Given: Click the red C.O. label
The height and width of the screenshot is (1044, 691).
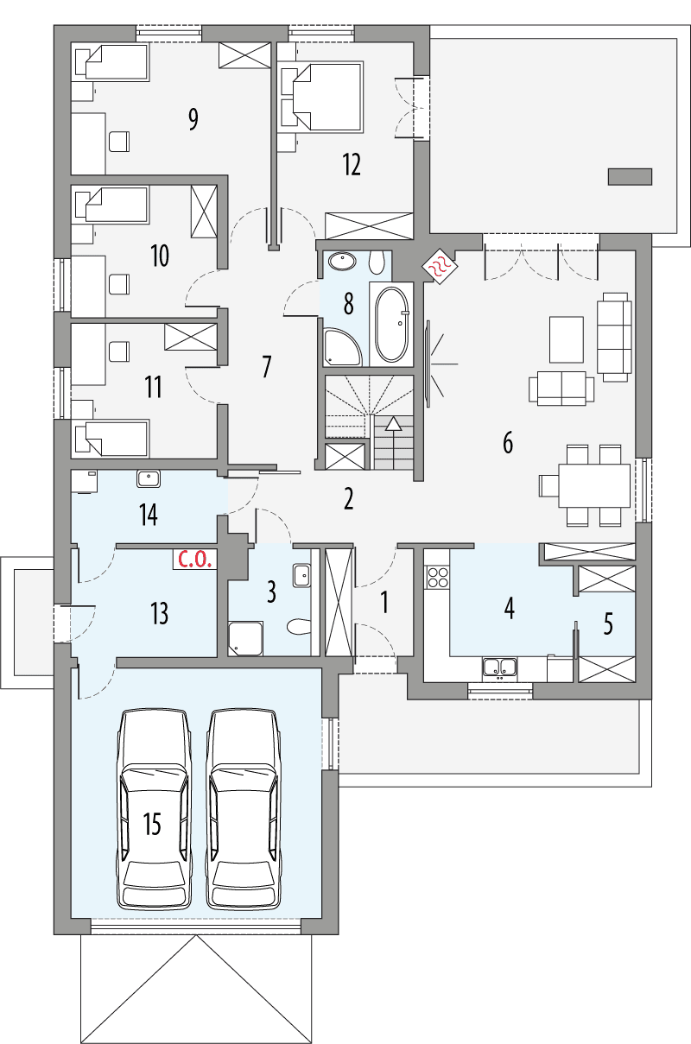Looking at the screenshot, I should tap(194, 558).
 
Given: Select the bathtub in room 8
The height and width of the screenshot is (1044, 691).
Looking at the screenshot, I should tap(393, 325).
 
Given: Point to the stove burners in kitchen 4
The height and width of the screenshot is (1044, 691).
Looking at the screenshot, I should tap(437, 576).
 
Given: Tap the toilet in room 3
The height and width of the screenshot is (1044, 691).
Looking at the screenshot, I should tap(298, 625).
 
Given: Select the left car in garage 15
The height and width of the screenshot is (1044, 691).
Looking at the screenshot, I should tap(153, 807).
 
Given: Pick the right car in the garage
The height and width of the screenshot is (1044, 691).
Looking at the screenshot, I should tap(244, 807).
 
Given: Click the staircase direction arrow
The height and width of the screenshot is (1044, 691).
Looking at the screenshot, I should tap(394, 423).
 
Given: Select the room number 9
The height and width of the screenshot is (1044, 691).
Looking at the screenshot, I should tap(193, 119).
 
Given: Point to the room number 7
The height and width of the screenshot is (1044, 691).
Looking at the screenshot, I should tap(266, 366).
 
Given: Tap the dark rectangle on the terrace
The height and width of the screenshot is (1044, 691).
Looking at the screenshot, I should tap(630, 176).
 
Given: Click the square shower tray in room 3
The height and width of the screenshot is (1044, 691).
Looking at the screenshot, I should tap(243, 637).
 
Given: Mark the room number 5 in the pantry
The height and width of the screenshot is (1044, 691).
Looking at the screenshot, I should tap(608, 623).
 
